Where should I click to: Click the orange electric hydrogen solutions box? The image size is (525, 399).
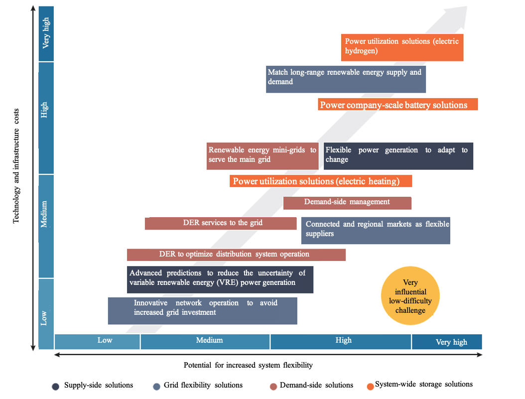click(x=402, y=47)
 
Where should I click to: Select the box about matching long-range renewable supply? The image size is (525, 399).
click(x=346, y=79)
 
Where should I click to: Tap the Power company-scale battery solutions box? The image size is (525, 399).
click(x=397, y=105)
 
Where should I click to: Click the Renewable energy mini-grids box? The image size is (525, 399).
click(x=262, y=156)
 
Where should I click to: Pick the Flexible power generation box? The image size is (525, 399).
click(x=398, y=156)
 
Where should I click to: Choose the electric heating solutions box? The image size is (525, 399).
click(x=321, y=181)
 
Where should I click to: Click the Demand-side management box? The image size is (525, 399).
click(x=347, y=203)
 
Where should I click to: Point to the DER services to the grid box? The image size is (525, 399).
click(x=221, y=223)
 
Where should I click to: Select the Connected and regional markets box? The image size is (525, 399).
click(x=376, y=230)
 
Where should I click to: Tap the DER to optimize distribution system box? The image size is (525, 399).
click(x=236, y=255)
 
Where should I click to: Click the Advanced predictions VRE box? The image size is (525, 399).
click(x=220, y=279)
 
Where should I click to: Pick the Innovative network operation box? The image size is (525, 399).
click(x=202, y=310)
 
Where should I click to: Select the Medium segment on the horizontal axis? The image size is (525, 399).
click(x=205, y=341)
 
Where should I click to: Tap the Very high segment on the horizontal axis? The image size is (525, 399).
click(x=446, y=342)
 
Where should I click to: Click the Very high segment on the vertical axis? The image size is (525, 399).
click(x=46, y=33)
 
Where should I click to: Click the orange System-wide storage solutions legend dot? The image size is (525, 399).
click(x=370, y=385)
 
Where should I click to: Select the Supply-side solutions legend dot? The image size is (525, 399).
click(x=56, y=386)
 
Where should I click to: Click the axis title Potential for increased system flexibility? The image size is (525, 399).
click(x=248, y=365)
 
